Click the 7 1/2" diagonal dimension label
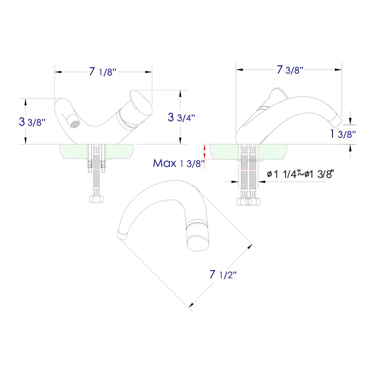click(223, 275)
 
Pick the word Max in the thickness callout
click(165, 163)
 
